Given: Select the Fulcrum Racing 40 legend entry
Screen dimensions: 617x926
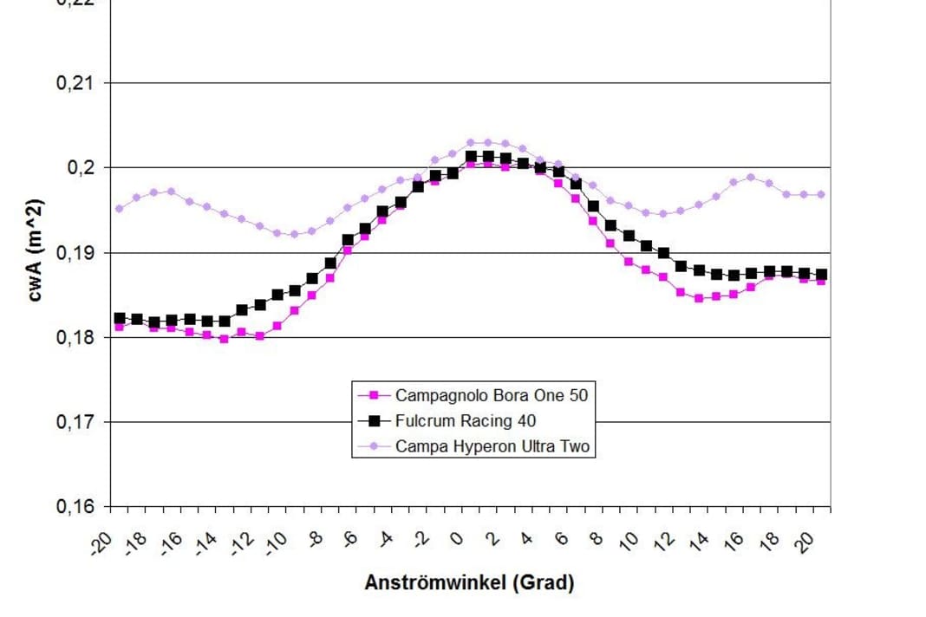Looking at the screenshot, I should click(x=465, y=421).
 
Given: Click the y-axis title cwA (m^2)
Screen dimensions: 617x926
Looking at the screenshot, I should click(x=35, y=251).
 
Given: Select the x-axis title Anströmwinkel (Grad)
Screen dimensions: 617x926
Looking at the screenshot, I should click(x=469, y=582).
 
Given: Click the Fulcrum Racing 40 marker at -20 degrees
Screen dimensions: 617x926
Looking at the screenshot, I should click(x=120, y=319).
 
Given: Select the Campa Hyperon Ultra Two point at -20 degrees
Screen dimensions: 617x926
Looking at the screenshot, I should click(x=120, y=208).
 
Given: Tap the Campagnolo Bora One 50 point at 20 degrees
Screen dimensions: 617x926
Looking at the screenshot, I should click(x=821, y=281).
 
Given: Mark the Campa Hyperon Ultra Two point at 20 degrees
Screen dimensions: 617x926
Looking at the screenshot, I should click(x=821, y=194).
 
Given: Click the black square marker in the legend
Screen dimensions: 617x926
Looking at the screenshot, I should click(x=375, y=421).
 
